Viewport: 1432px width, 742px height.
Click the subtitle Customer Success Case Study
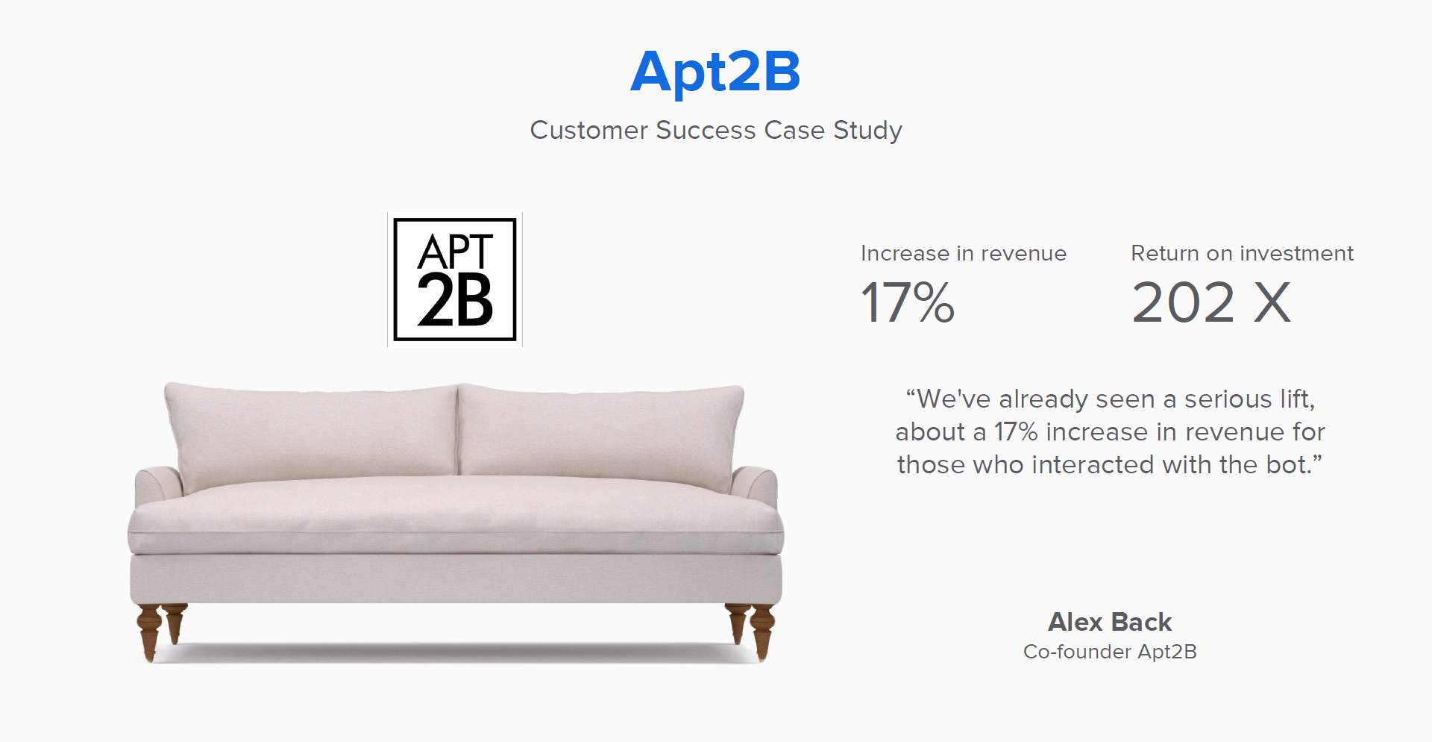tap(716, 130)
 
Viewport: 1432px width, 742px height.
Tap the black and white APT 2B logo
tap(455, 279)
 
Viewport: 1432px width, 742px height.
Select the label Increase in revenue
tap(964, 254)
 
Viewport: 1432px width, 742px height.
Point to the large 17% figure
tap(908, 302)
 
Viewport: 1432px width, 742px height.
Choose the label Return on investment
tap(1242, 254)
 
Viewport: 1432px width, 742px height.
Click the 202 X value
tap(1211, 302)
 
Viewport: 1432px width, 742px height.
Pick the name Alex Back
tap(1110, 622)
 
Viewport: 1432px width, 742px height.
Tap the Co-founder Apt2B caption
tap(1110, 652)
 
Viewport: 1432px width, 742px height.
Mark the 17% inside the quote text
tap(1016, 431)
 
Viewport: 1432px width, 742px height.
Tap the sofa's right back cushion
tap(600, 433)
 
